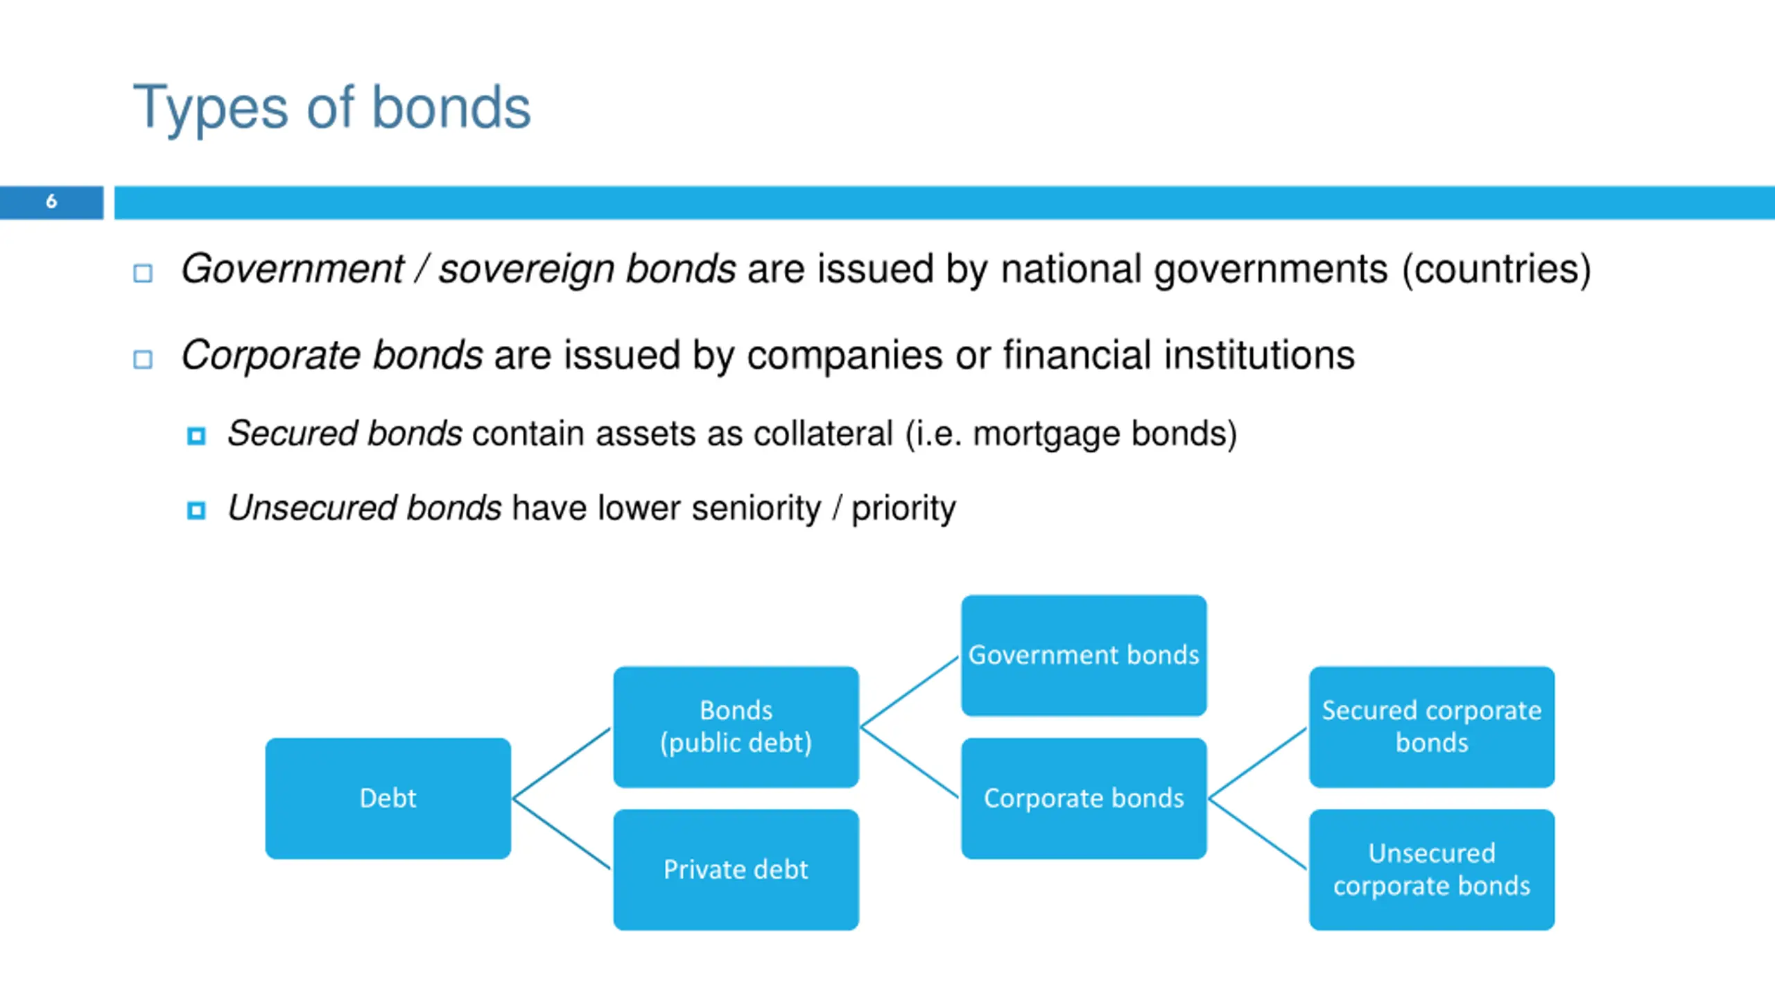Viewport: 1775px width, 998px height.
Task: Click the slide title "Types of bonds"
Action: [x=331, y=107]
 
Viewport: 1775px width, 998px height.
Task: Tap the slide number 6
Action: [x=51, y=202]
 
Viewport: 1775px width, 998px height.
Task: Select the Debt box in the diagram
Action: [x=388, y=798]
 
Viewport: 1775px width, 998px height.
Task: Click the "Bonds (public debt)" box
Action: [x=736, y=726]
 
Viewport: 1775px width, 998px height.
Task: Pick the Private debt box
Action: [x=736, y=870]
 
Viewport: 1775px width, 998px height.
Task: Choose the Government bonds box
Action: [x=1084, y=655]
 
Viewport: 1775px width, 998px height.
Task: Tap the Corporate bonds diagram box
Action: [x=1084, y=798]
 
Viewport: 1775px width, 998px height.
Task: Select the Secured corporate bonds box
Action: [x=1432, y=726]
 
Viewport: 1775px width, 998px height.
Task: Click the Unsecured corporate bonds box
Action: [x=1432, y=870]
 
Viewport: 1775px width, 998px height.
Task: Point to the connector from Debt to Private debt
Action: [x=562, y=834]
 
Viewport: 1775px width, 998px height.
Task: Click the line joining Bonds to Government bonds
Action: [x=910, y=691]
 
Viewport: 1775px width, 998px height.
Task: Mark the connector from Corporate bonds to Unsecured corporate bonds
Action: [x=1258, y=834]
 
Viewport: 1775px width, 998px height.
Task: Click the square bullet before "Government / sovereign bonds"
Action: [x=143, y=273]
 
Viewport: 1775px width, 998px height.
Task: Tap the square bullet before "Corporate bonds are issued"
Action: [x=143, y=359]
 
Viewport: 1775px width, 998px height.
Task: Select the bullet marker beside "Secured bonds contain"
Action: [x=196, y=436]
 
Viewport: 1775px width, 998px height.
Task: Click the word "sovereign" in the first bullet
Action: [x=526, y=270]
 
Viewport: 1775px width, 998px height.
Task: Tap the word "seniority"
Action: [x=756, y=508]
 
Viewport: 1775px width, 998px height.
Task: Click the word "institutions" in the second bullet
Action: [x=1259, y=356]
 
